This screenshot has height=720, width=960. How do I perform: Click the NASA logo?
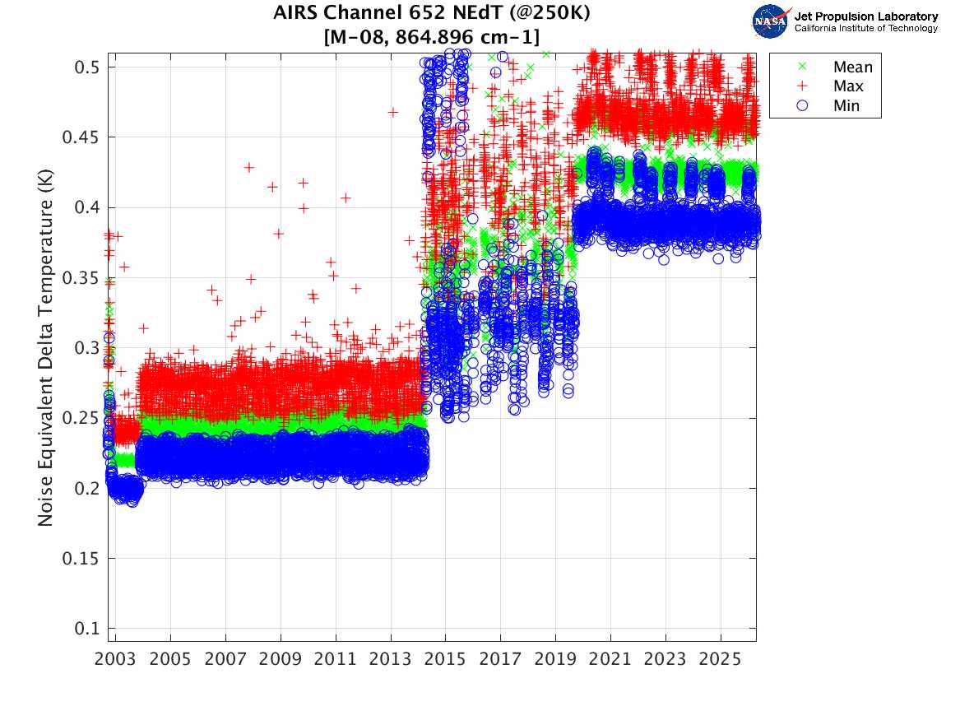(x=772, y=21)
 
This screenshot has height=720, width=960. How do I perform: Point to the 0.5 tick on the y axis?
(x=87, y=67)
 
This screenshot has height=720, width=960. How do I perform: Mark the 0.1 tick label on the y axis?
(x=87, y=629)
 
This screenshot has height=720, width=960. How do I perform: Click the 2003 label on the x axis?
(x=115, y=659)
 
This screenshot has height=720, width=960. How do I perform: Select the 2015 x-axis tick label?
(x=445, y=659)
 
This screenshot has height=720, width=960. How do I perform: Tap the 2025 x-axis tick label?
(x=720, y=659)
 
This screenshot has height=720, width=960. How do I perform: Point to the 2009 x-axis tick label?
(x=281, y=659)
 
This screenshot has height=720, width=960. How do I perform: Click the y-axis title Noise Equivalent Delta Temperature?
(x=45, y=348)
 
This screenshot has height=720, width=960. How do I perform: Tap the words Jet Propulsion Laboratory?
(x=865, y=16)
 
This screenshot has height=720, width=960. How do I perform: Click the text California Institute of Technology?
(x=865, y=28)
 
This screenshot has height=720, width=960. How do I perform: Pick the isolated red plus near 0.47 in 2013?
(x=393, y=112)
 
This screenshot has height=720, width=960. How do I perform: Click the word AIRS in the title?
(x=294, y=12)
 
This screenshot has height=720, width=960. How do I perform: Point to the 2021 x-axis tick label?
(x=610, y=659)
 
